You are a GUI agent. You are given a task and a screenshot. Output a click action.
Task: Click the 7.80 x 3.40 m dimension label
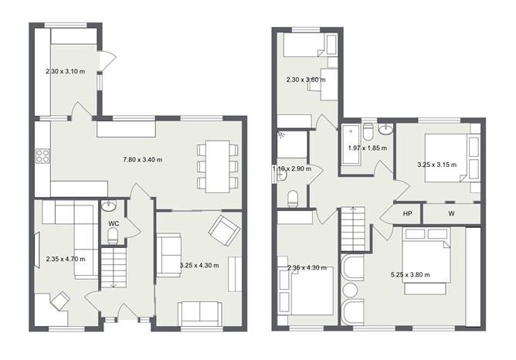pyautogui.click(x=143, y=160)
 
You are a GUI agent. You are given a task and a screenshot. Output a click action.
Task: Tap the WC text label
pyautogui.click(x=113, y=223)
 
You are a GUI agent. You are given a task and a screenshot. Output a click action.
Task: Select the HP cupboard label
pyautogui.click(x=408, y=214)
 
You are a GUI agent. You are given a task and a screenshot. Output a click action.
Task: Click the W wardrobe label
pyautogui.click(x=451, y=214)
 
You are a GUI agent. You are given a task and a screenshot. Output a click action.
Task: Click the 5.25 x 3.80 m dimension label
pyautogui.click(x=410, y=274)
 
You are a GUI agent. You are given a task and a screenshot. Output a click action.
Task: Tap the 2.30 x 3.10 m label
pyautogui.click(x=66, y=72)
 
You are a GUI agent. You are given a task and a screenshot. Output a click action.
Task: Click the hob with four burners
pyautogui.click(x=42, y=155)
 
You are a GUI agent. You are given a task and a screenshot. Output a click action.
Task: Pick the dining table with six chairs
pyautogui.click(x=218, y=165)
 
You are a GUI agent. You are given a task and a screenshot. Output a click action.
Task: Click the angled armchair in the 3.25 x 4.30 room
pyautogui.click(x=224, y=229)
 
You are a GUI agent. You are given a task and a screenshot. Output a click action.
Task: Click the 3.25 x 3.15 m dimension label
pyautogui.click(x=436, y=165)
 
